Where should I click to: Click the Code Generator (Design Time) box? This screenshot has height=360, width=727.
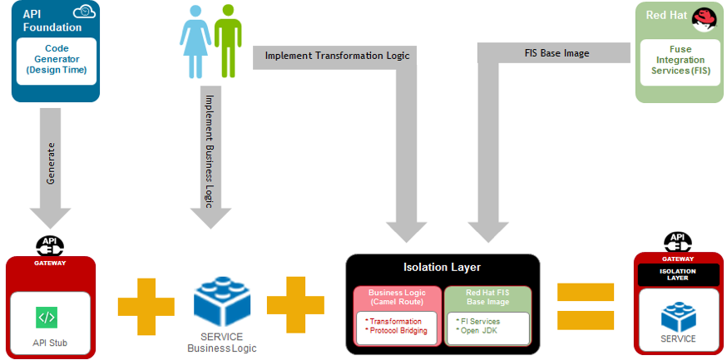coord(56,58)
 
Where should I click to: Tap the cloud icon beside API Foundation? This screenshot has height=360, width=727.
coord(84,12)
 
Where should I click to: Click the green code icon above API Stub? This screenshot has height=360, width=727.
coord(47,317)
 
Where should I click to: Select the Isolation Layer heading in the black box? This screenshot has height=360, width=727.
coord(443,267)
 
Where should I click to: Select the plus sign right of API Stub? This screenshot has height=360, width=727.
coord(146,303)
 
